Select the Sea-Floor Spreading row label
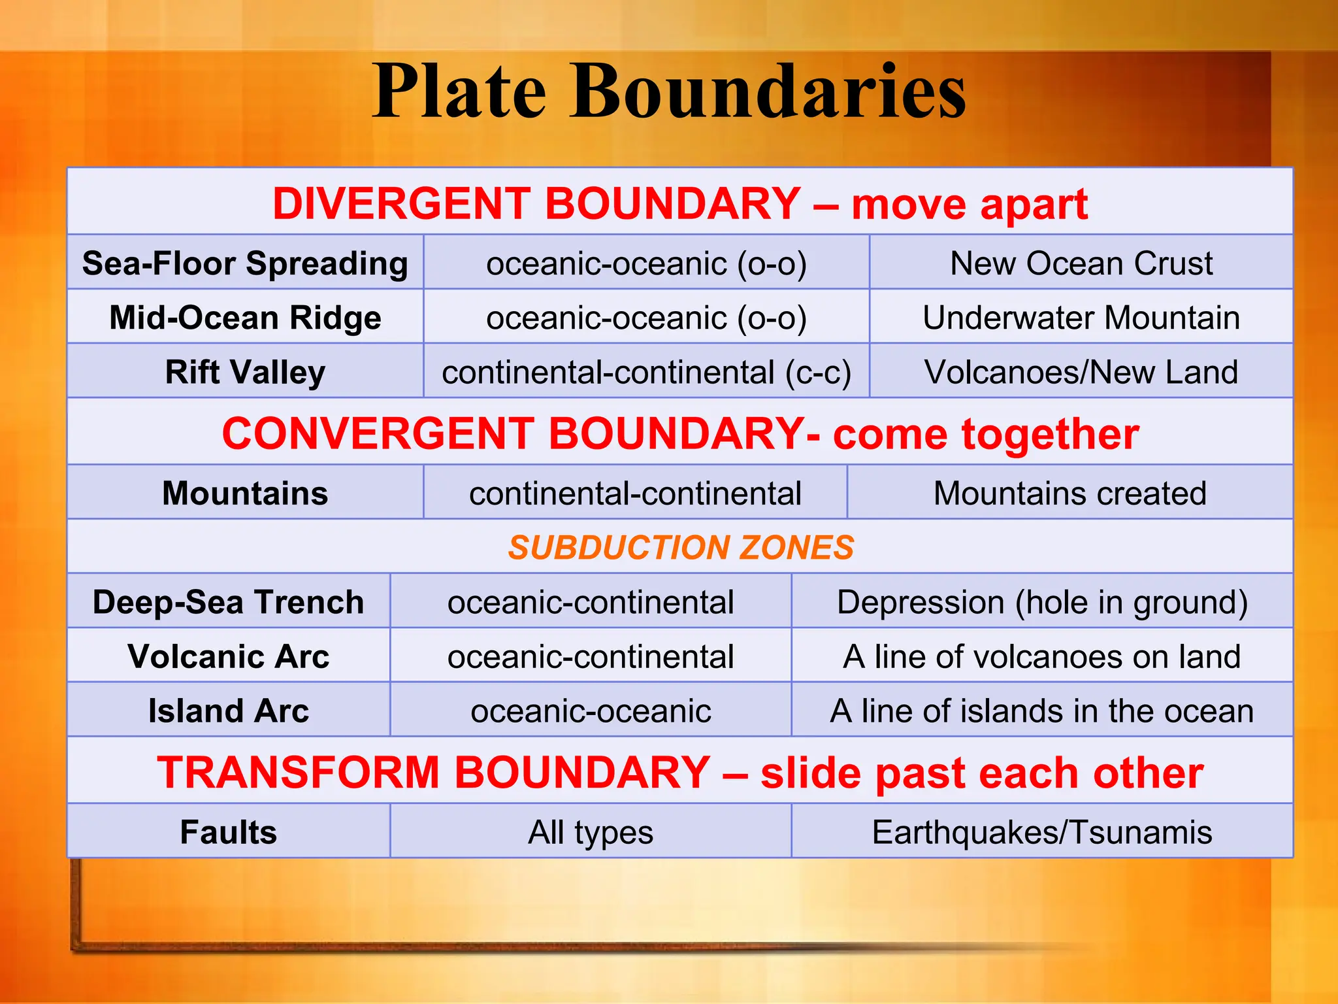pyautogui.click(x=245, y=263)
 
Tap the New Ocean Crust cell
pyautogui.click(x=1081, y=263)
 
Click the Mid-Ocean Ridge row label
pyautogui.click(x=245, y=318)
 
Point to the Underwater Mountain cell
pyautogui.click(x=1081, y=318)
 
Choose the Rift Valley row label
pyautogui.click(x=245, y=372)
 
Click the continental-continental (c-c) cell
pyautogui.click(x=646, y=372)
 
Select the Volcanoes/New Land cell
pyautogui.click(x=1081, y=372)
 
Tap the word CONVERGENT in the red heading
pyautogui.click(x=378, y=433)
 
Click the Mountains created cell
pyautogui.click(x=1069, y=493)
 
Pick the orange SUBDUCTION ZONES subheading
pyautogui.click(x=681, y=547)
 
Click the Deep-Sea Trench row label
pyautogui.click(x=228, y=601)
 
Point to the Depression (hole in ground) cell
pyautogui.click(x=1042, y=601)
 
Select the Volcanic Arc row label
pyautogui.click(x=228, y=656)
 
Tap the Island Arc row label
pyautogui.click(x=228, y=711)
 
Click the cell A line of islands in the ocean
pyautogui.click(x=1042, y=711)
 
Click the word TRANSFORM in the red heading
pyautogui.click(x=298, y=772)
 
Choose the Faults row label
pyautogui.click(x=228, y=832)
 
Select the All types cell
pyautogui.click(x=591, y=832)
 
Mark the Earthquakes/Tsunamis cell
pyautogui.click(x=1042, y=832)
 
